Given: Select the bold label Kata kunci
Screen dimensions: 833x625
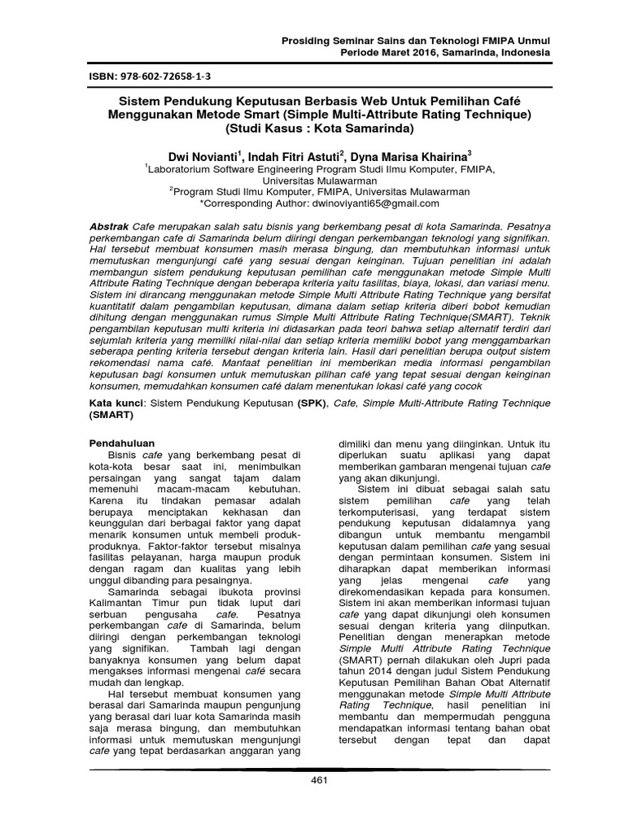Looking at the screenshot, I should (116, 403).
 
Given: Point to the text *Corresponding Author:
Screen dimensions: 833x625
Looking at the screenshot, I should (255, 203).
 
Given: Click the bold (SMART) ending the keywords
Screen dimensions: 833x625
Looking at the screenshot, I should (111, 414).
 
